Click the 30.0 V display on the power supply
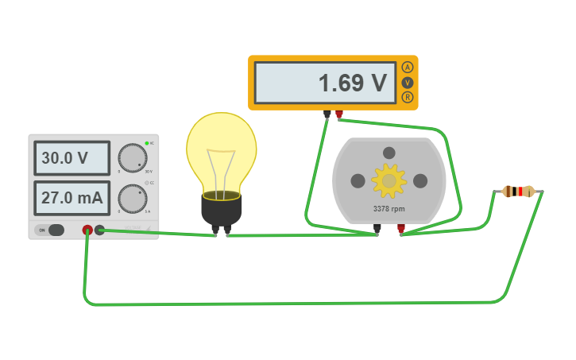(72, 158)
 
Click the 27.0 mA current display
(72, 198)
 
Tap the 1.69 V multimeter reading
(325, 83)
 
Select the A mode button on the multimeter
(408, 68)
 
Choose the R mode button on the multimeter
(408, 97)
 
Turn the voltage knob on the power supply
(132, 158)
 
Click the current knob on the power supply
(132, 198)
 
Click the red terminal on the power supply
(87, 230)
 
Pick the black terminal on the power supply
(100, 230)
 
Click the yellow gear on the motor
(389, 181)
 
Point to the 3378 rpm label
(389, 210)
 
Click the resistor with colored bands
(518, 191)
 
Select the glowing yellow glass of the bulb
(222, 151)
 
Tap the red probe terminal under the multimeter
(339, 115)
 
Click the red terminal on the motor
(401, 230)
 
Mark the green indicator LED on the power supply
(146, 143)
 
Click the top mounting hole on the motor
(389, 153)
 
